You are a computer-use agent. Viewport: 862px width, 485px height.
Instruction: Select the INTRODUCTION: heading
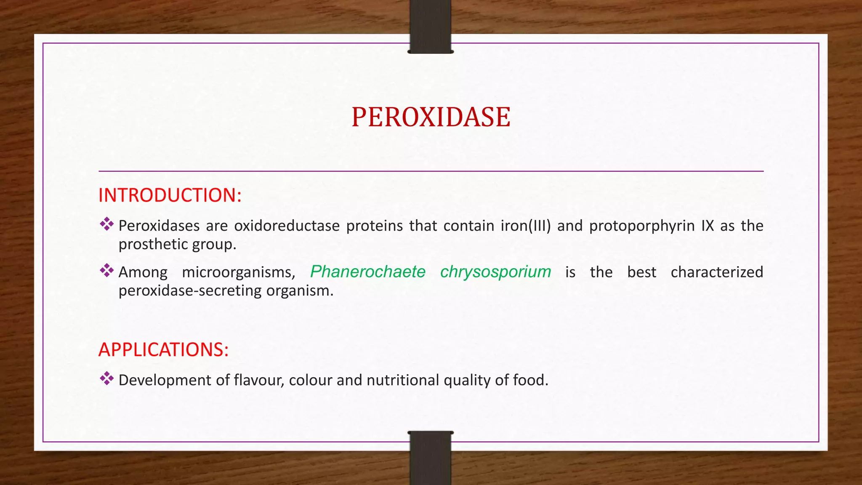tap(170, 195)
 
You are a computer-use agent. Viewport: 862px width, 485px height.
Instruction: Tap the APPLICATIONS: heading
tap(163, 350)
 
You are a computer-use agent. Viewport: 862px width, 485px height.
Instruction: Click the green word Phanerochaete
tap(368, 272)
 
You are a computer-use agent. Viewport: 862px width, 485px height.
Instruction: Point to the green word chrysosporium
tap(495, 272)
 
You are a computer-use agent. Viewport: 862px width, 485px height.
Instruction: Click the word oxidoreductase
tap(287, 226)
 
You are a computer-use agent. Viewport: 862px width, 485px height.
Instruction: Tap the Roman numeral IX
tap(708, 226)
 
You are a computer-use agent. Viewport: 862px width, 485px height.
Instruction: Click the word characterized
tap(717, 272)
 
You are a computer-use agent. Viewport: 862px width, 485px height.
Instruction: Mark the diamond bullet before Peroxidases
tap(107, 224)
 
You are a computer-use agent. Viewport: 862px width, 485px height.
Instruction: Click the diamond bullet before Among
tap(107, 270)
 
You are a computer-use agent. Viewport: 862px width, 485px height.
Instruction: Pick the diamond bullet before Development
tap(107, 378)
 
